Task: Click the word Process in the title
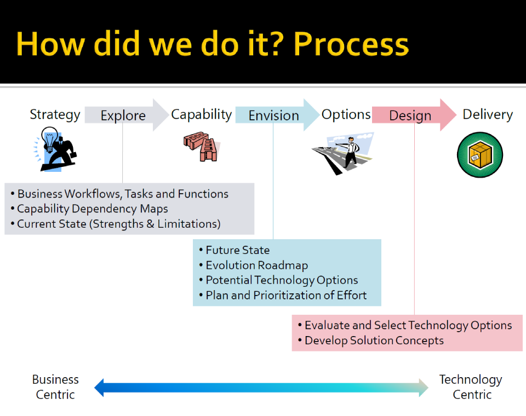[351, 44]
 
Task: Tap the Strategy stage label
[55, 114]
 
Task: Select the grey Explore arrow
[127, 115]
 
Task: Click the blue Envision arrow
[277, 115]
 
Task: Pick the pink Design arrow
[414, 115]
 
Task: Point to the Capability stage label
[201, 114]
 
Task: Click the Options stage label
[346, 114]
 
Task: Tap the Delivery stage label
[488, 114]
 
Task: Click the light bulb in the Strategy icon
[49, 138]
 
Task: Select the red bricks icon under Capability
[201, 147]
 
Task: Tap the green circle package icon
[480, 155]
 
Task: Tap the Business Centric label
[55, 387]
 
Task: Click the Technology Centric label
[471, 387]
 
